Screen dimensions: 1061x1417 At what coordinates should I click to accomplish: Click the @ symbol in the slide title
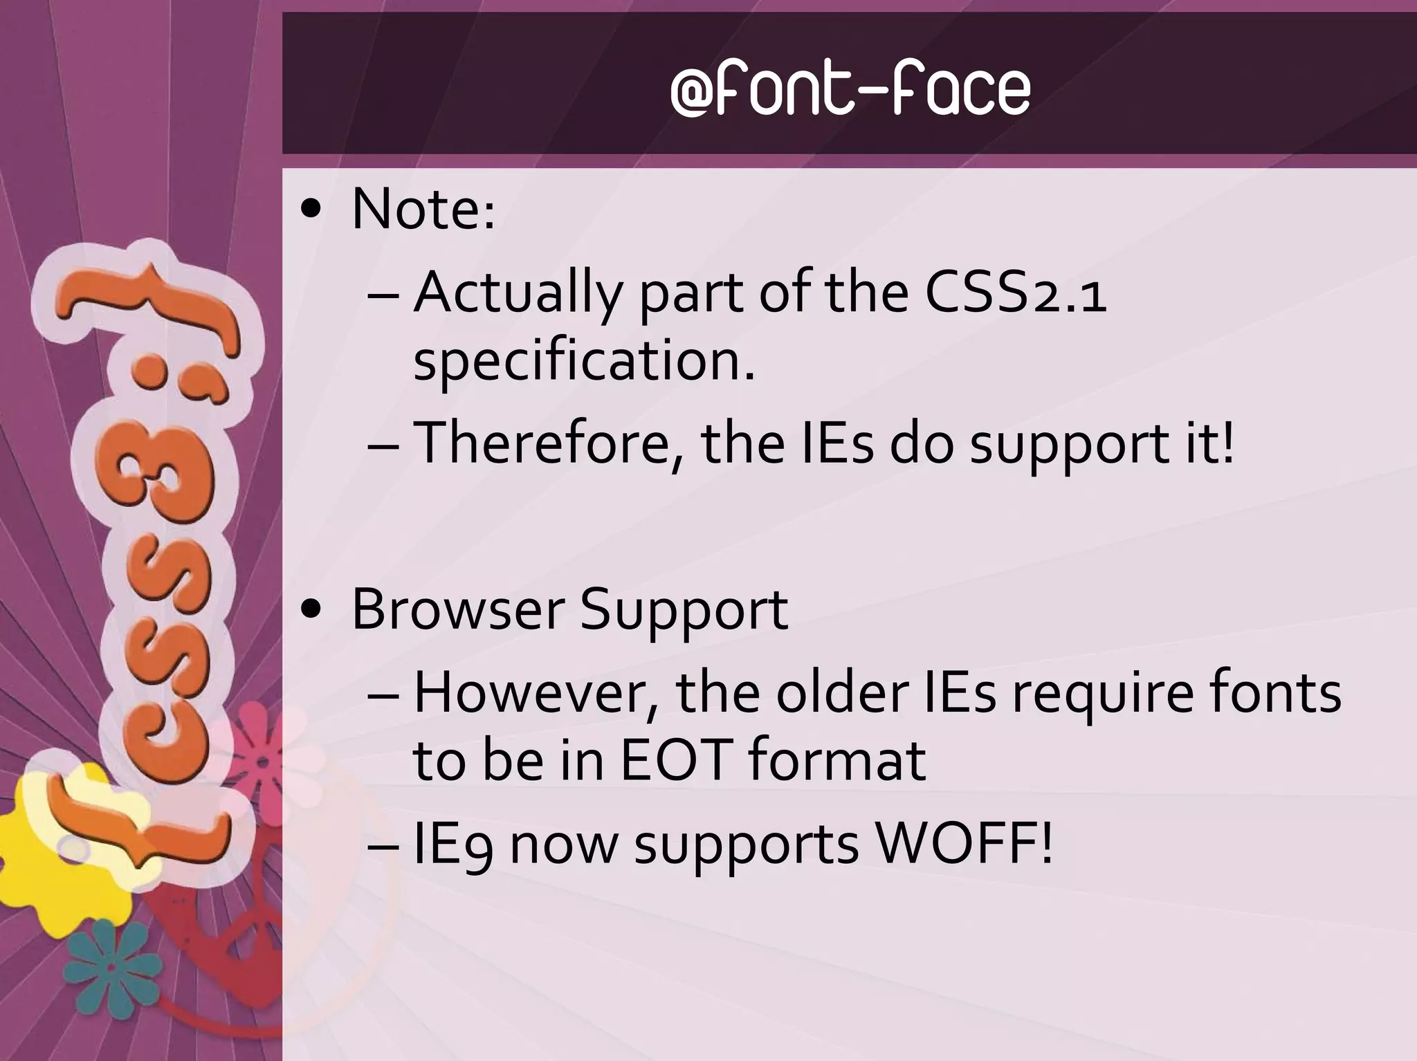coord(693,93)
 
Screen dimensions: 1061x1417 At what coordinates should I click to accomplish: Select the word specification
coord(583,362)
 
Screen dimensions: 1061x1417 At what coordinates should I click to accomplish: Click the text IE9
coord(452,845)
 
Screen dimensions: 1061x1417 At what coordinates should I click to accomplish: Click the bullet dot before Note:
coord(313,209)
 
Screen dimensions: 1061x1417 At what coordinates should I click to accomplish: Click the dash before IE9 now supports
coord(385,845)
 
